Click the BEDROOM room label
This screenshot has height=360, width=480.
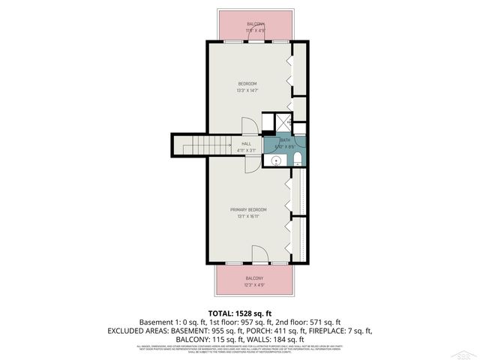(247, 82)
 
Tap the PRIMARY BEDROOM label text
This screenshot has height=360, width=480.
(247, 209)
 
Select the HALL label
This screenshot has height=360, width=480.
(246, 143)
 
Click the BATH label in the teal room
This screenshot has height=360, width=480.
(285, 140)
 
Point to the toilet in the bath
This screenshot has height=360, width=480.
(298, 157)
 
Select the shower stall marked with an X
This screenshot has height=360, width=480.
(283, 122)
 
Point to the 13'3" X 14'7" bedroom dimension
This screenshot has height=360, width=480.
(247, 90)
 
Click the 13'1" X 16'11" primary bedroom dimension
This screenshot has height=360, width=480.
(247, 217)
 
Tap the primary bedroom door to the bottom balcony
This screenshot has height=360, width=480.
(257, 255)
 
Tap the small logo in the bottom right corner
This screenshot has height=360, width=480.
(466, 352)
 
